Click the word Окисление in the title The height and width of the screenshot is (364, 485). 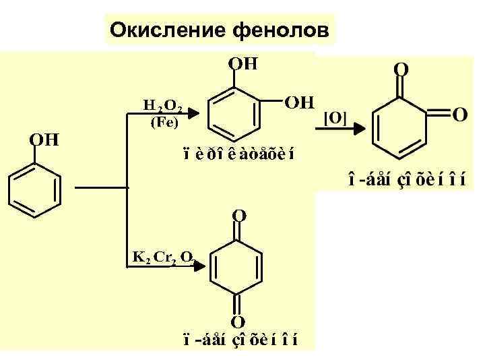[x=167, y=30]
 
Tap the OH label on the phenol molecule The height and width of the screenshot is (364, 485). [x=44, y=140]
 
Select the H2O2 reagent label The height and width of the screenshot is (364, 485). [x=162, y=105]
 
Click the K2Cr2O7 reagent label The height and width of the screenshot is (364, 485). [x=162, y=256]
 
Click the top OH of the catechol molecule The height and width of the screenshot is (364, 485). [x=243, y=64]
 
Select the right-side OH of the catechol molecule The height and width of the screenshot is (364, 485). [x=300, y=103]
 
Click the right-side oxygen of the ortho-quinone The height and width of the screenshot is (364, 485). [x=459, y=115]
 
